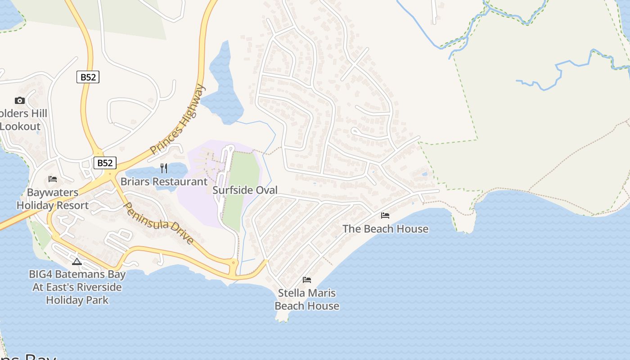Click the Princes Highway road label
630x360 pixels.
point(178,119)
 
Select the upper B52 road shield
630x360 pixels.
point(88,77)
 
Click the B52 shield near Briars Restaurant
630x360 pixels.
point(105,162)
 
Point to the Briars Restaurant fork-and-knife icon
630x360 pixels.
point(164,168)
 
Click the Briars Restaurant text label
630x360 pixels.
point(164,182)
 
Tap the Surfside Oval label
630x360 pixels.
point(245,190)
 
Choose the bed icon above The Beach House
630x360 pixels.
point(385,216)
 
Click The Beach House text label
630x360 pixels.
point(385,229)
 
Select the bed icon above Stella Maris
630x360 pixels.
point(307,280)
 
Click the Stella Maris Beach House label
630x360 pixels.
point(307,299)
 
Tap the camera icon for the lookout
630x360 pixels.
point(19,100)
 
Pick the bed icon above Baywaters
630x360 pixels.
point(53,179)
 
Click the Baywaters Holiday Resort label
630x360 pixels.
point(53,199)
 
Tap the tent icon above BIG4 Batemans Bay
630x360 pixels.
point(77,261)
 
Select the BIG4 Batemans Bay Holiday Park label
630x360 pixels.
point(77,287)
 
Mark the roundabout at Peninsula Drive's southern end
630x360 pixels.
point(234,262)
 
